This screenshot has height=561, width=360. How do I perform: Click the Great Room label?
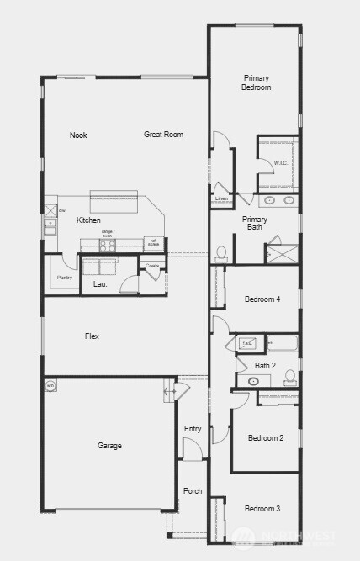(x=163, y=135)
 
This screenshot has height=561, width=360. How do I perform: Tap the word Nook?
(x=78, y=135)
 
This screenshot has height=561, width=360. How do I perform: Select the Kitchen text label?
(x=88, y=220)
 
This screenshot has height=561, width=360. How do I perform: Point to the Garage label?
(x=109, y=446)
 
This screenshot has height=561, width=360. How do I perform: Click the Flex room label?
(x=92, y=336)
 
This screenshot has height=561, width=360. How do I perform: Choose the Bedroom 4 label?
(x=262, y=299)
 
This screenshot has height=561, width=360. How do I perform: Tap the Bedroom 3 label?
(x=262, y=509)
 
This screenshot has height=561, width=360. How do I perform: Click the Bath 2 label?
(x=266, y=365)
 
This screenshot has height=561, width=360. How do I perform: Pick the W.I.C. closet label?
(x=281, y=162)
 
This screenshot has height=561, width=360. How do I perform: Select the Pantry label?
(x=64, y=278)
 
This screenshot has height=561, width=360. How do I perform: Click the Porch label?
(x=193, y=491)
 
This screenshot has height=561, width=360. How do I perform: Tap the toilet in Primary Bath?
(x=222, y=251)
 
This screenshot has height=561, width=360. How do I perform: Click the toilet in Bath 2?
(x=290, y=375)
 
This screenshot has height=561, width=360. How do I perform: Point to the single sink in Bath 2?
(x=254, y=381)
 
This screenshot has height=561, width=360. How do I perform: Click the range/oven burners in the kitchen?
(x=108, y=246)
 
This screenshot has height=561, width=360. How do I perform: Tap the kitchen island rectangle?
(x=113, y=202)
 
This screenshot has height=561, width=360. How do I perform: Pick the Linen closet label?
(x=221, y=200)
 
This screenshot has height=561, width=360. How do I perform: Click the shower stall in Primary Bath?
(x=283, y=253)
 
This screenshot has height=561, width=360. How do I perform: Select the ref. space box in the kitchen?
(x=154, y=244)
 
